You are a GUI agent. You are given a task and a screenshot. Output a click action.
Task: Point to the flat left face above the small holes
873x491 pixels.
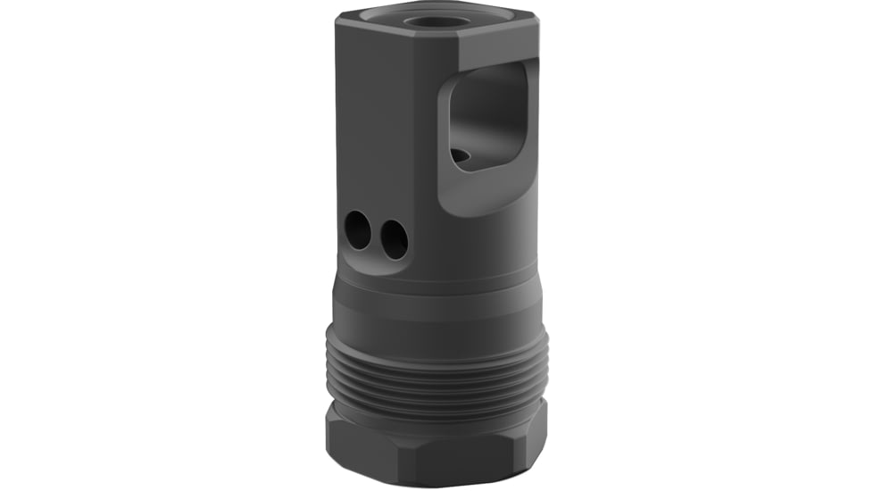pos(366,134)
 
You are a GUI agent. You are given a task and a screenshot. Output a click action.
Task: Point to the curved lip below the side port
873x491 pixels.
pos(482,192)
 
